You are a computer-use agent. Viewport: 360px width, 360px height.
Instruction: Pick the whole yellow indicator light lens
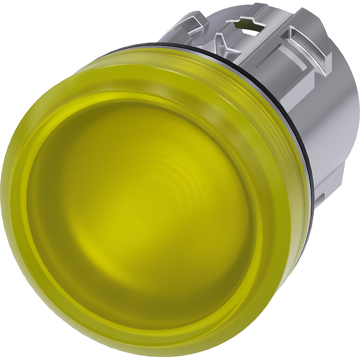144,202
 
